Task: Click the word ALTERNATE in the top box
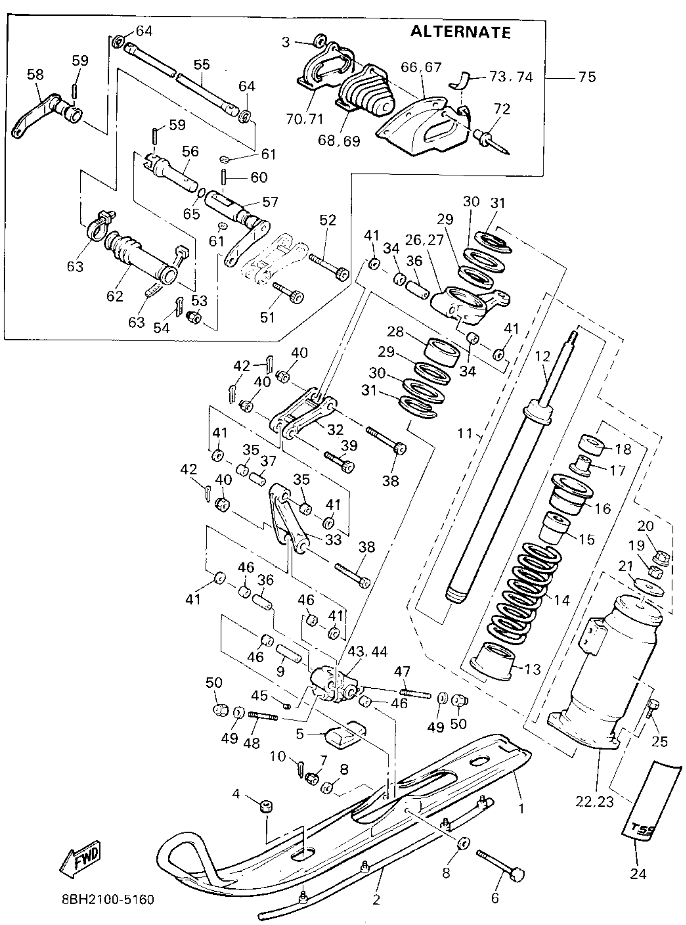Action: click(460, 32)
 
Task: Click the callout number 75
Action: click(587, 77)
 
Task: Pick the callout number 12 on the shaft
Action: click(542, 356)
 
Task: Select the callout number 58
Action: click(35, 75)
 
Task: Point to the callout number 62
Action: click(115, 296)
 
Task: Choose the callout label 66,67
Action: click(421, 68)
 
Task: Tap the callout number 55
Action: click(202, 65)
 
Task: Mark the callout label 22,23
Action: click(594, 802)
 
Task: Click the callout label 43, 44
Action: click(368, 652)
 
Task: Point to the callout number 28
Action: click(395, 332)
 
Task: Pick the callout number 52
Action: click(328, 220)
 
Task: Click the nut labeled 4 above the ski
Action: click(266, 808)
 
